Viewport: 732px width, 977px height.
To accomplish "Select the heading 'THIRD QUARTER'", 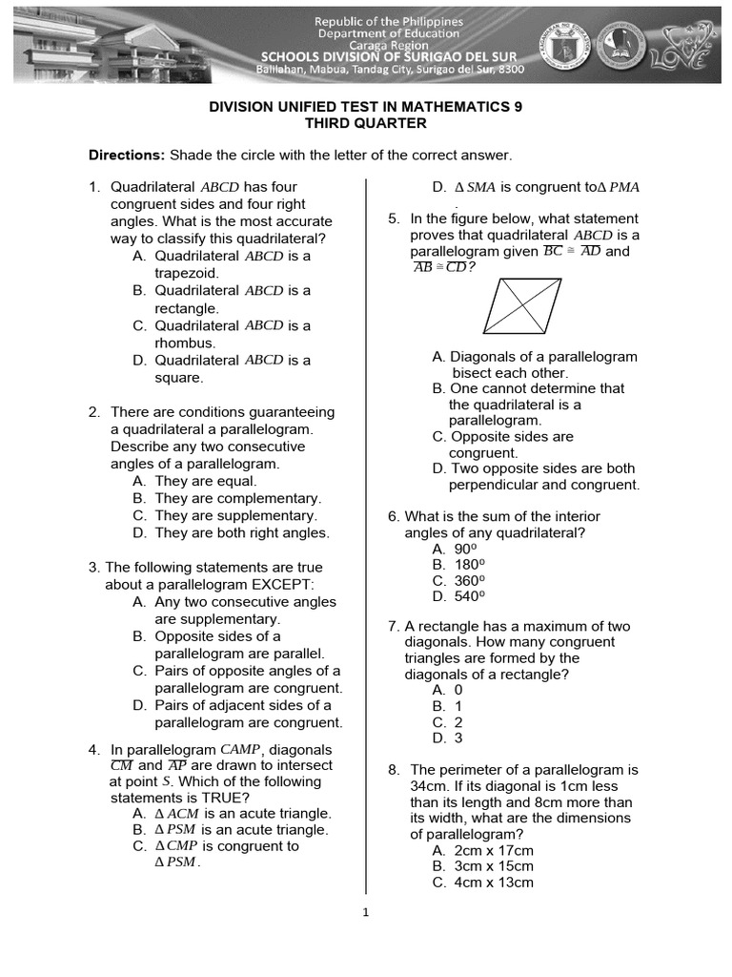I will pyautogui.click(x=365, y=123).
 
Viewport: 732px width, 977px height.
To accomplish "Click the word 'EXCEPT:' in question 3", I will pyautogui.click(x=283, y=584).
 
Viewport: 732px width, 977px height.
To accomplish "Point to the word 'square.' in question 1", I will pyautogui.click(x=179, y=378).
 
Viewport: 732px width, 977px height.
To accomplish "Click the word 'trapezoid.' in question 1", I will pyautogui.click(x=187, y=273).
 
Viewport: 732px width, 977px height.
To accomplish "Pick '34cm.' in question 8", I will pyautogui.click(x=433, y=786).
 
